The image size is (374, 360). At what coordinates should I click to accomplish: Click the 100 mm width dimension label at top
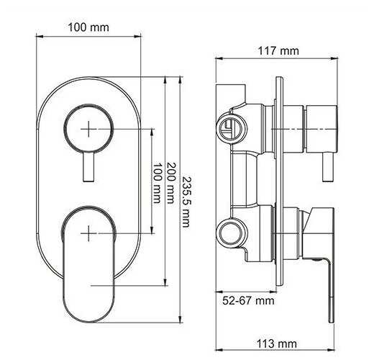point(88,27)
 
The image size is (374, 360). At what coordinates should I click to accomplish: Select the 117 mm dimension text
point(278,50)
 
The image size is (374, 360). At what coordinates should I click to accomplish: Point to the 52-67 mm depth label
point(247,300)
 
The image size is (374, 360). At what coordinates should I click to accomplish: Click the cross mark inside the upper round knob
point(88,129)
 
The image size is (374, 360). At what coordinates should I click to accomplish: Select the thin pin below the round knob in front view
point(88,167)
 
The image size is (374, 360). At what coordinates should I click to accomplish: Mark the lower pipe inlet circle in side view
point(229,231)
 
